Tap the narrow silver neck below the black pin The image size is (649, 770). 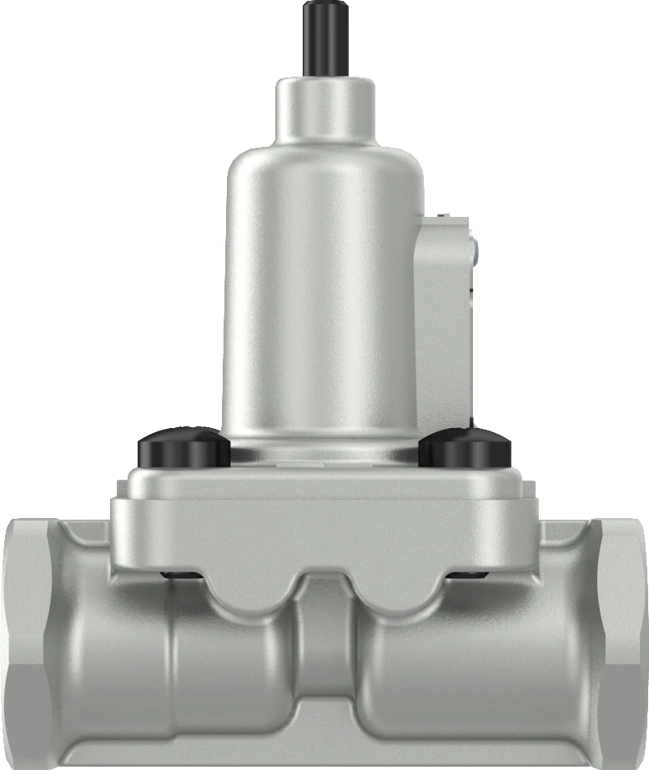(324, 108)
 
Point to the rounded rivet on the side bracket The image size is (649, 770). (474, 248)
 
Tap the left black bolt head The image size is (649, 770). (183, 450)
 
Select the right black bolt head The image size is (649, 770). (464, 450)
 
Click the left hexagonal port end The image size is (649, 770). (29, 642)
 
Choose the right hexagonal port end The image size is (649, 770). (621, 642)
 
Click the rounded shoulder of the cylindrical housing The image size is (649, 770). (324, 167)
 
